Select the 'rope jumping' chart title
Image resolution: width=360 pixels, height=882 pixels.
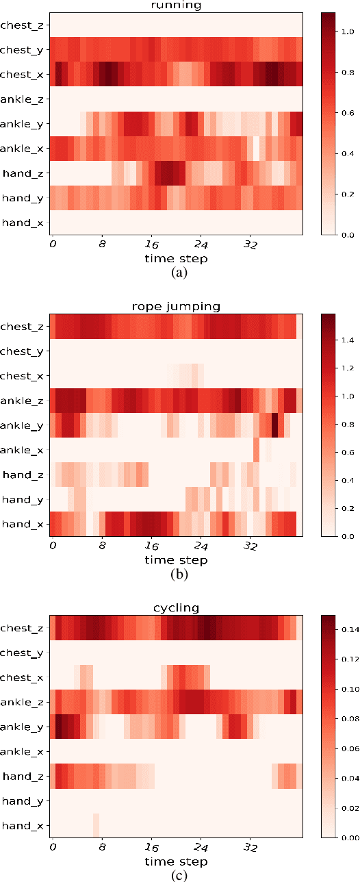click(x=176, y=306)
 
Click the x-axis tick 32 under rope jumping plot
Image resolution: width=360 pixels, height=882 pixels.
click(x=250, y=546)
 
